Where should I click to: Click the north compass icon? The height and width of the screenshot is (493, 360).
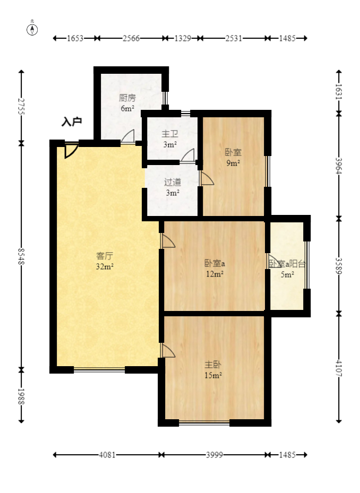(x=32, y=29)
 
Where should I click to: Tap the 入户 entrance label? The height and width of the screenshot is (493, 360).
(x=72, y=122)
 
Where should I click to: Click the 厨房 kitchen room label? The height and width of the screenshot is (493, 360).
(x=127, y=98)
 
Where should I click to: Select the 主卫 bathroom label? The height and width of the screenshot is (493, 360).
(x=170, y=134)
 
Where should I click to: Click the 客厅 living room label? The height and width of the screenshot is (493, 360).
(x=104, y=256)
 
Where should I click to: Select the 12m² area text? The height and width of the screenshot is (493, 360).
(x=215, y=274)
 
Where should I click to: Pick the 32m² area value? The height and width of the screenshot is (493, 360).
(x=104, y=267)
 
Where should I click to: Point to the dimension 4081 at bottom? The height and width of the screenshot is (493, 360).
(x=107, y=455)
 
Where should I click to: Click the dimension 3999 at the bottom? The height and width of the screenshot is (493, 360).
(x=214, y=455)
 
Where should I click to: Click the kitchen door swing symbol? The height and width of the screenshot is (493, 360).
(x=127, y=137)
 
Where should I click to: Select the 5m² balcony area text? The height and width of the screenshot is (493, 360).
(x=287, y=274)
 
